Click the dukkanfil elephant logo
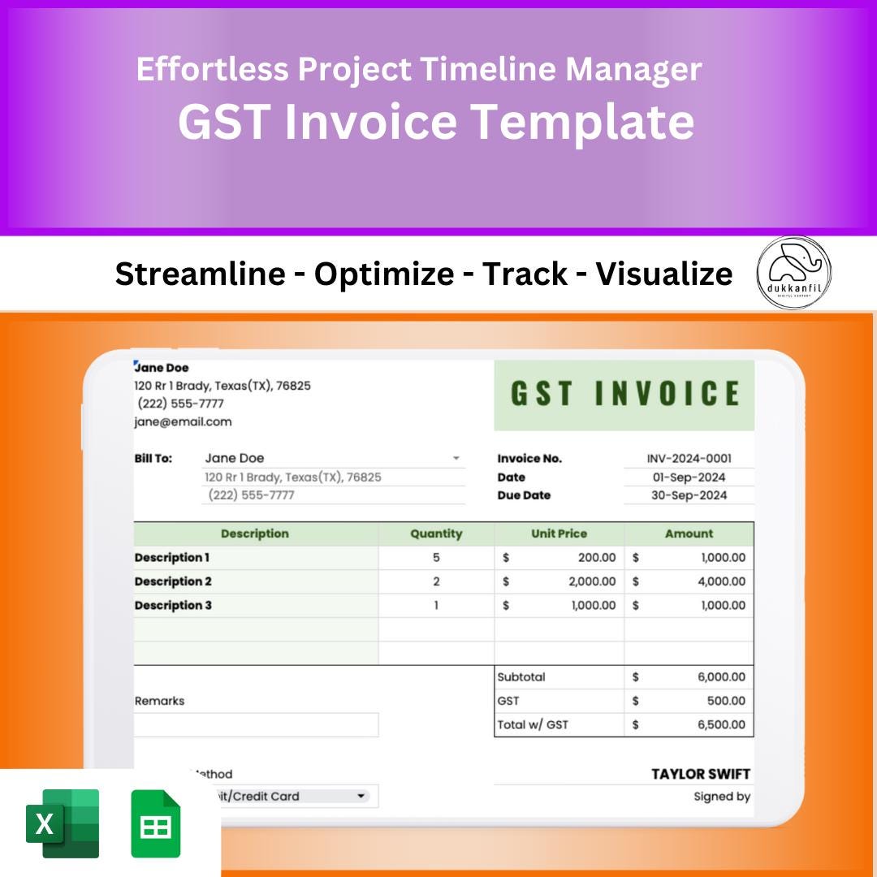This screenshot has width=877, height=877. (793, 273)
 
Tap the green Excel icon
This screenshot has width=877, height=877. (63, 823)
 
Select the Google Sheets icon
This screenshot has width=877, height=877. (156, 823)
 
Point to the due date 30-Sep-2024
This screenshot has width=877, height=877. (689, 495)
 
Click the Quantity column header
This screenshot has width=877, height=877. (436, 534)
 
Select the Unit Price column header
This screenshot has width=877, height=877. (559, 534)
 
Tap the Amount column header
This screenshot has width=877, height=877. (689, 534)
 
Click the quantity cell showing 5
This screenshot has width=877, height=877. (436, 558)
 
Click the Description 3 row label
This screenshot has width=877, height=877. (173, 605)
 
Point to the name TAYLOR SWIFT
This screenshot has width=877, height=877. (700, 774)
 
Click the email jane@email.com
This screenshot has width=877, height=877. (183, 421)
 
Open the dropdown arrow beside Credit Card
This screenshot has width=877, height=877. (361, 797)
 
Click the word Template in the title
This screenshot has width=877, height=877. (582, 122)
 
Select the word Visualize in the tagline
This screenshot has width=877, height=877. (663, 274)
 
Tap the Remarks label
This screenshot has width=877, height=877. (159, 701)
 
